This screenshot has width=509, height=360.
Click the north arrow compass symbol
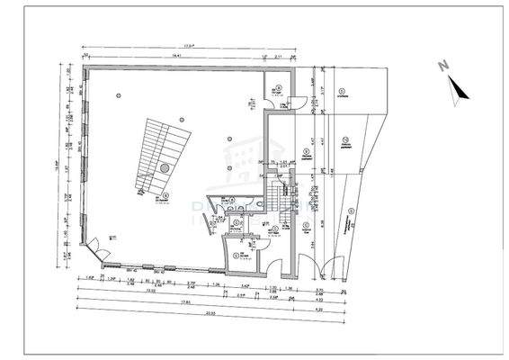point(456,85)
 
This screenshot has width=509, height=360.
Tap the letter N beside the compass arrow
point(443,66)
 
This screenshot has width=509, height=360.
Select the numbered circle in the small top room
point(280,88)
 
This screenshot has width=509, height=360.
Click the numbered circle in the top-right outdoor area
point(341,91)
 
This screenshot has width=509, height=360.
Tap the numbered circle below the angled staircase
point(167,195)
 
